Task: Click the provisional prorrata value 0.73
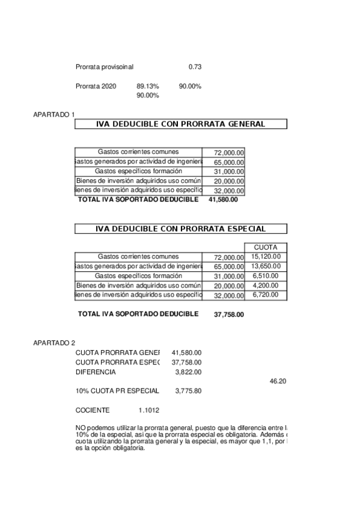(x=195, y=66)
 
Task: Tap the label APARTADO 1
(x=54, y=114)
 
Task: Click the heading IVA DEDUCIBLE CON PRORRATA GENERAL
(x=180, y=124)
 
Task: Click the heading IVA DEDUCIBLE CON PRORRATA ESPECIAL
(x=180, y=229)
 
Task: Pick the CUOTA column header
(x=266, y=247)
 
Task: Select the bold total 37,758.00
(x=229, y=314)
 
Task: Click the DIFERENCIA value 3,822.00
(x=188, y=372)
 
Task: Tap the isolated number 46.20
(x=278, y=381)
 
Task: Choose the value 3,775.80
(x=188, y=391)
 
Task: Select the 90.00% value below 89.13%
(x=147, y=95)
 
